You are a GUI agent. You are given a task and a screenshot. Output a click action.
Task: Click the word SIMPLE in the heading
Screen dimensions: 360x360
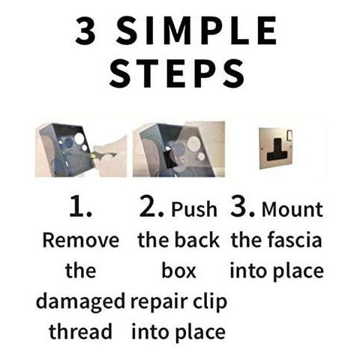[197, 31]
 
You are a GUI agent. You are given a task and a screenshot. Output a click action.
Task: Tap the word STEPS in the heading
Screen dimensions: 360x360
[177, 73]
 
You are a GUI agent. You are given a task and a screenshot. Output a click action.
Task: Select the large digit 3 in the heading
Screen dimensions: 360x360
[85, 31]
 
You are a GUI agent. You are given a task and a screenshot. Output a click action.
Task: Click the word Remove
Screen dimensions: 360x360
[81, 241]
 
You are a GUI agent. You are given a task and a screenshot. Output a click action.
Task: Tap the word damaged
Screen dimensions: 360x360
[80, 301]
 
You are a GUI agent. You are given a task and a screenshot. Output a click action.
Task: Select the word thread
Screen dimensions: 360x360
[80, 331]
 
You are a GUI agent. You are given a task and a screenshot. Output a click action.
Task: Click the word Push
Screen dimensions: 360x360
[194, 209]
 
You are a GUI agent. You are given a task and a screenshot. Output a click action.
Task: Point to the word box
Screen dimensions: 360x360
[178, 271]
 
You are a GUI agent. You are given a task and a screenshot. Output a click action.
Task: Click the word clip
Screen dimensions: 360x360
[209, 301]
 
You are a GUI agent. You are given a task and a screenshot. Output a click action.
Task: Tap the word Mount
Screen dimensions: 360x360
[292, 209]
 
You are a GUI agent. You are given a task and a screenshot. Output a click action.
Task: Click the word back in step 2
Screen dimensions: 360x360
[197, 240]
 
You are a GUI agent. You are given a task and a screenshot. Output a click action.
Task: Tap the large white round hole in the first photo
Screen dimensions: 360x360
[79, 138]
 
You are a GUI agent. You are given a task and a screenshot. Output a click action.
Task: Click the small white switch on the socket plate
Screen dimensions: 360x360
[289, 135]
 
